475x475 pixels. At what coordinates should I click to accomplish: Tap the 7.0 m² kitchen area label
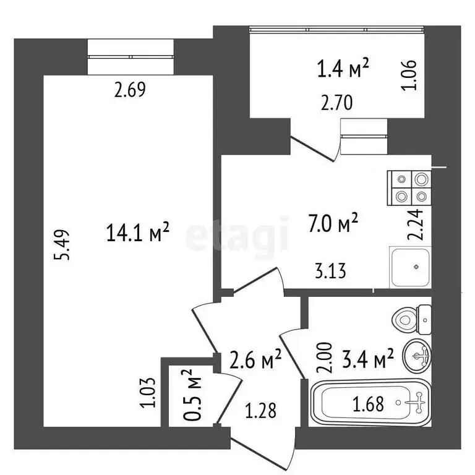point(334,223)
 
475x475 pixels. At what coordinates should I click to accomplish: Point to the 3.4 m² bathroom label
point(369,358)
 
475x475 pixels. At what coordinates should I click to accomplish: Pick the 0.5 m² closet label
point(192,395)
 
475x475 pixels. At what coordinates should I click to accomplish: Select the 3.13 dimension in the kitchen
point(329,270)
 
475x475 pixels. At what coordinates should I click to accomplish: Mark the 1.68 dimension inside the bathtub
point(369,404)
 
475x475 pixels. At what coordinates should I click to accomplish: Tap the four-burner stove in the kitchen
point(409,188)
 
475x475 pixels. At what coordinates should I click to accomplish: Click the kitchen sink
point(410,267)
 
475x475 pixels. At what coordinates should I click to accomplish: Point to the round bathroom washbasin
point(417,356)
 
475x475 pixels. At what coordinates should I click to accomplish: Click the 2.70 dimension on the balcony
point(336,103)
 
